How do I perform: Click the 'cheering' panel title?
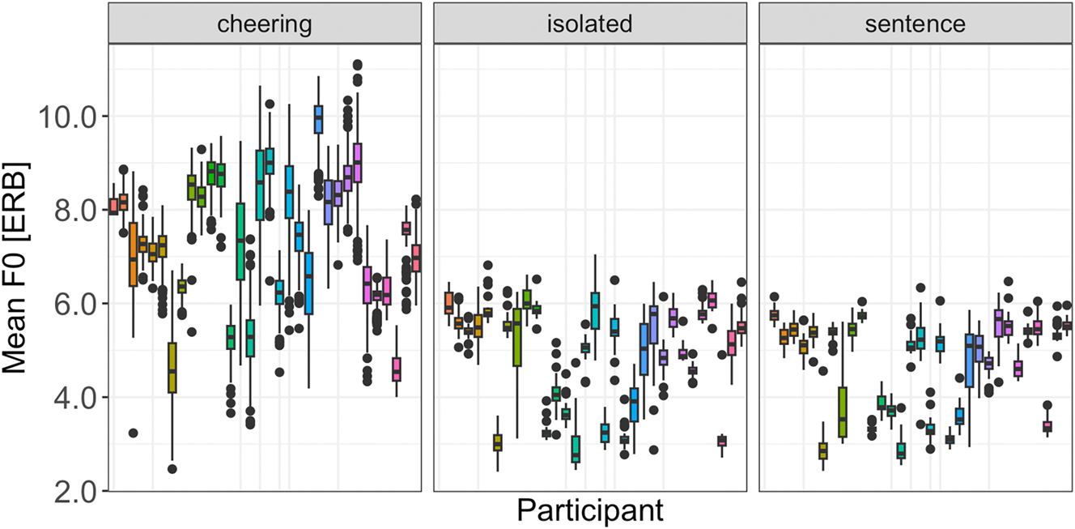[x=266, y=23]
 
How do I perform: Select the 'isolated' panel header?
[x=590, y=23]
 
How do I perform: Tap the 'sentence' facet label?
[x=915, y=23]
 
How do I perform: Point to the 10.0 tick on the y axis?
[x=68, y=116]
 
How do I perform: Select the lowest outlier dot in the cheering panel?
[x=172, y=468]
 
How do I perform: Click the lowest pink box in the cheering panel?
[x=396, y=369]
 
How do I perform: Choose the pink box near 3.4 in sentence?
[x=1047, y=425]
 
